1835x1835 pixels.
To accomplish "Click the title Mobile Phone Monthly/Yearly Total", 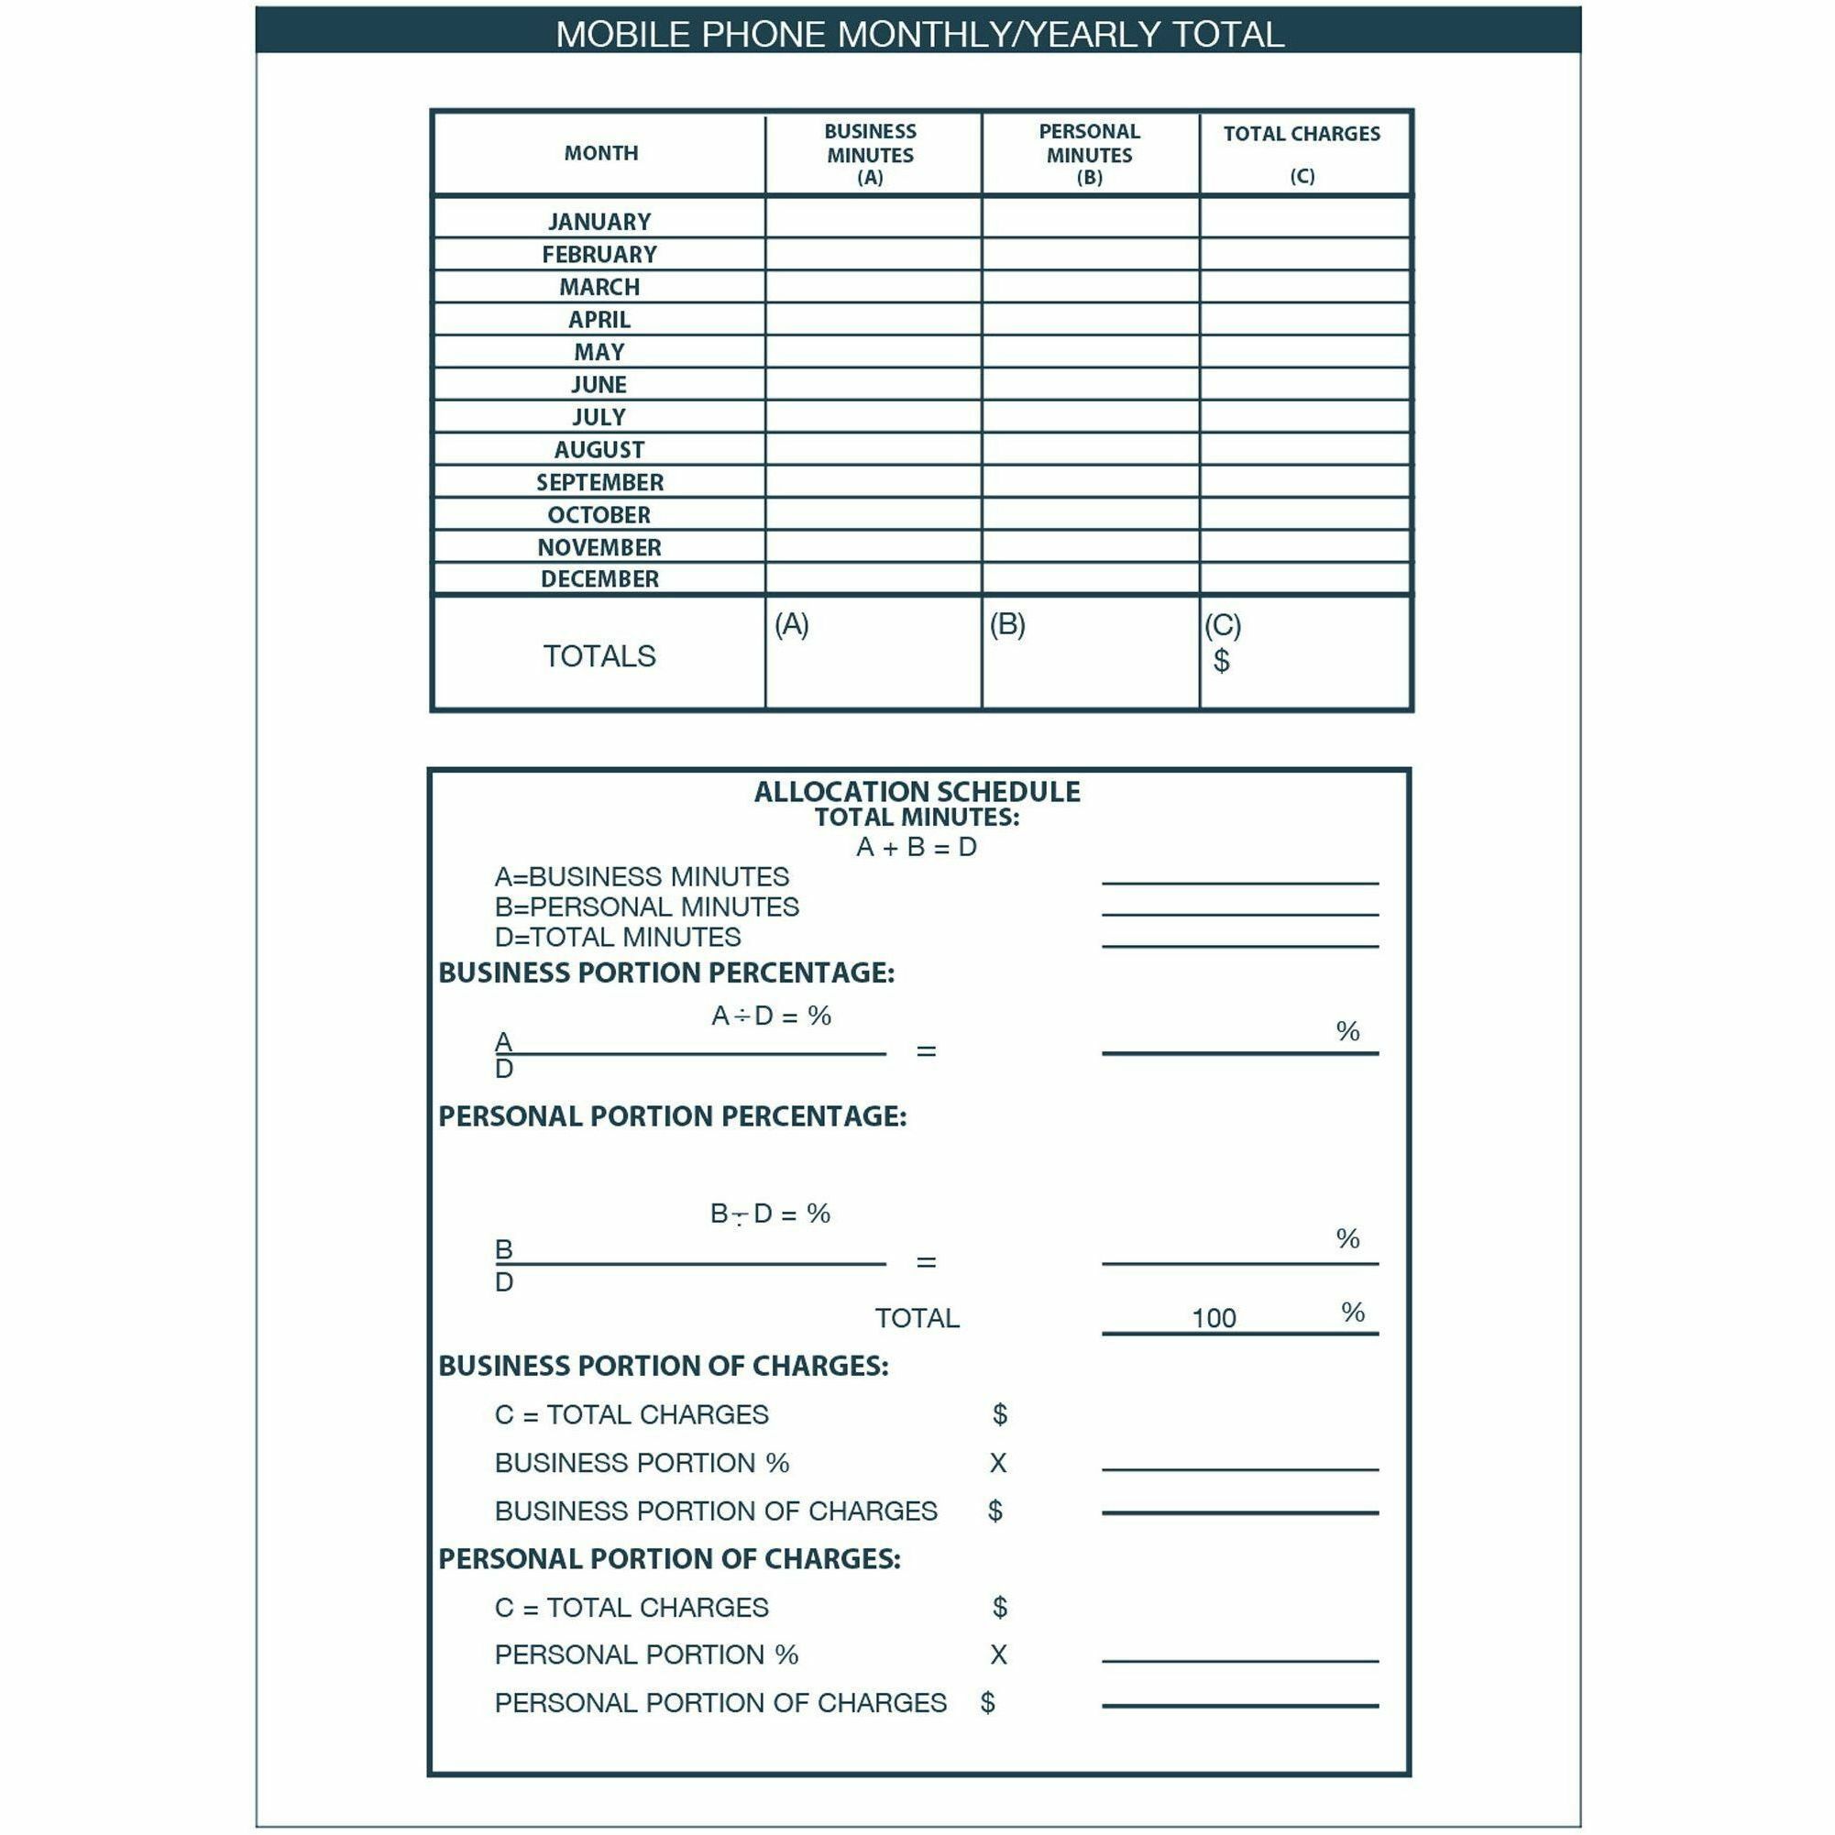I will coord(918,34).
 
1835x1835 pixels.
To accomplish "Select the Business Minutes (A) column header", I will coord(870,154).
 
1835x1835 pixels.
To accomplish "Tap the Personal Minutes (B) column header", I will coord(1090,154).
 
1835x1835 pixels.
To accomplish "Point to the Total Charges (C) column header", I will coord(1302,153).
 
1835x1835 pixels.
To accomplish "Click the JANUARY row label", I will coord(599,221).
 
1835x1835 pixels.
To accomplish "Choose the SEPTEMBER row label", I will coord(599,482).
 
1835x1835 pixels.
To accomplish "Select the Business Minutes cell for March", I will coord(873,287).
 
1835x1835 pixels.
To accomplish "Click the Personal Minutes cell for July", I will coord(1091,417).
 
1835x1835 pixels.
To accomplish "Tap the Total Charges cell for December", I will coord(1305,578).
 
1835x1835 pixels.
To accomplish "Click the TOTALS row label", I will coord(599,656).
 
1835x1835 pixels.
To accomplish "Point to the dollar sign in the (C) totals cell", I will coord(1222,660).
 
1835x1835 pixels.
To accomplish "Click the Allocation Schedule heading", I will coord(917,792).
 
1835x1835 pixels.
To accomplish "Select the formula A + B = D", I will coord(917,847).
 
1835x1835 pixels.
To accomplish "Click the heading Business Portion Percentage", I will coord(665,972).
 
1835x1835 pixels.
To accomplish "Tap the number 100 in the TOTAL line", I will coord(1214,1318).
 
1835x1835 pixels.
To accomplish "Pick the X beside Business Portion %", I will coord(997,1463).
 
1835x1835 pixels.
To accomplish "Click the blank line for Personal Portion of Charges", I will coord(1239,1704).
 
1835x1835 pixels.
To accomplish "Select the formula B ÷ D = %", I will coord(770,1214).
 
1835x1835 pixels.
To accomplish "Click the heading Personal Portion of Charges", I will coord(669,1558).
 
